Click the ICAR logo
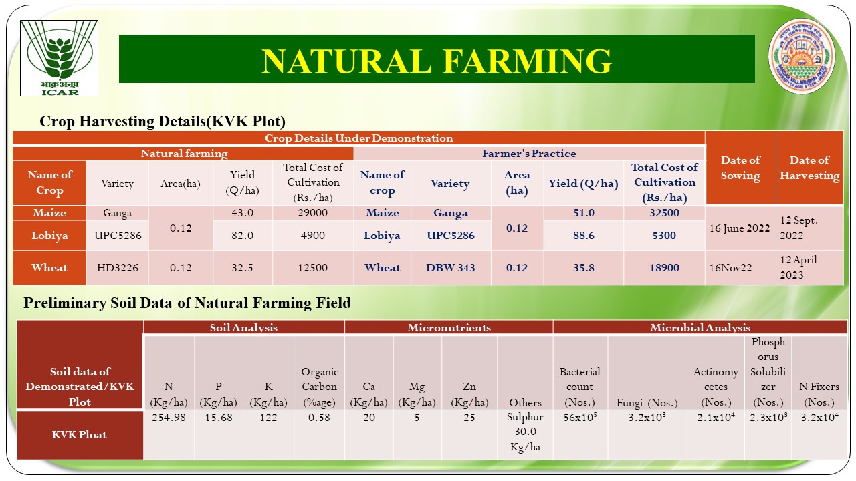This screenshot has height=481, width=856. pos(60,58)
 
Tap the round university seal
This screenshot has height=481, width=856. pos(801,56)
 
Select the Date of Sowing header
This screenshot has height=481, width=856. pos(740,168)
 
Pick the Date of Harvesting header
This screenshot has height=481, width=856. pos(809,168)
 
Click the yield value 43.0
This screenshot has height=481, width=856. pos(242,212)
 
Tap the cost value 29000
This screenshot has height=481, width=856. pos(312,212)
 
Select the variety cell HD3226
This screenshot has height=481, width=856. pos(117,267)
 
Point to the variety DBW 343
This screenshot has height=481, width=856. pos(451,267)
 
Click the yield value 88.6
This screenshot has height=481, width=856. pos(584,235)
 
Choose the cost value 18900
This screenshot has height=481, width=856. pos(664,267)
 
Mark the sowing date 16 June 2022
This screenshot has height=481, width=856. pos(740,228)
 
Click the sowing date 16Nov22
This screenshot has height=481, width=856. pos(730,268)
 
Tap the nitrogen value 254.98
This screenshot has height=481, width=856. pos(169,418)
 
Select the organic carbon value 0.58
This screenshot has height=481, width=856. pos(319,418)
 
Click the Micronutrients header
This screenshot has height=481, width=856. pos(449,327)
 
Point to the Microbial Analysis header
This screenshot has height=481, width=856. pos(700,327)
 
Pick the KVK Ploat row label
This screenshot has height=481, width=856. pos(80,434)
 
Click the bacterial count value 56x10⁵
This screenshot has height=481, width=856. pos(580,417)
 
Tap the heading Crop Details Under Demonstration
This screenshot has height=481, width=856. pos(359,138)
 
